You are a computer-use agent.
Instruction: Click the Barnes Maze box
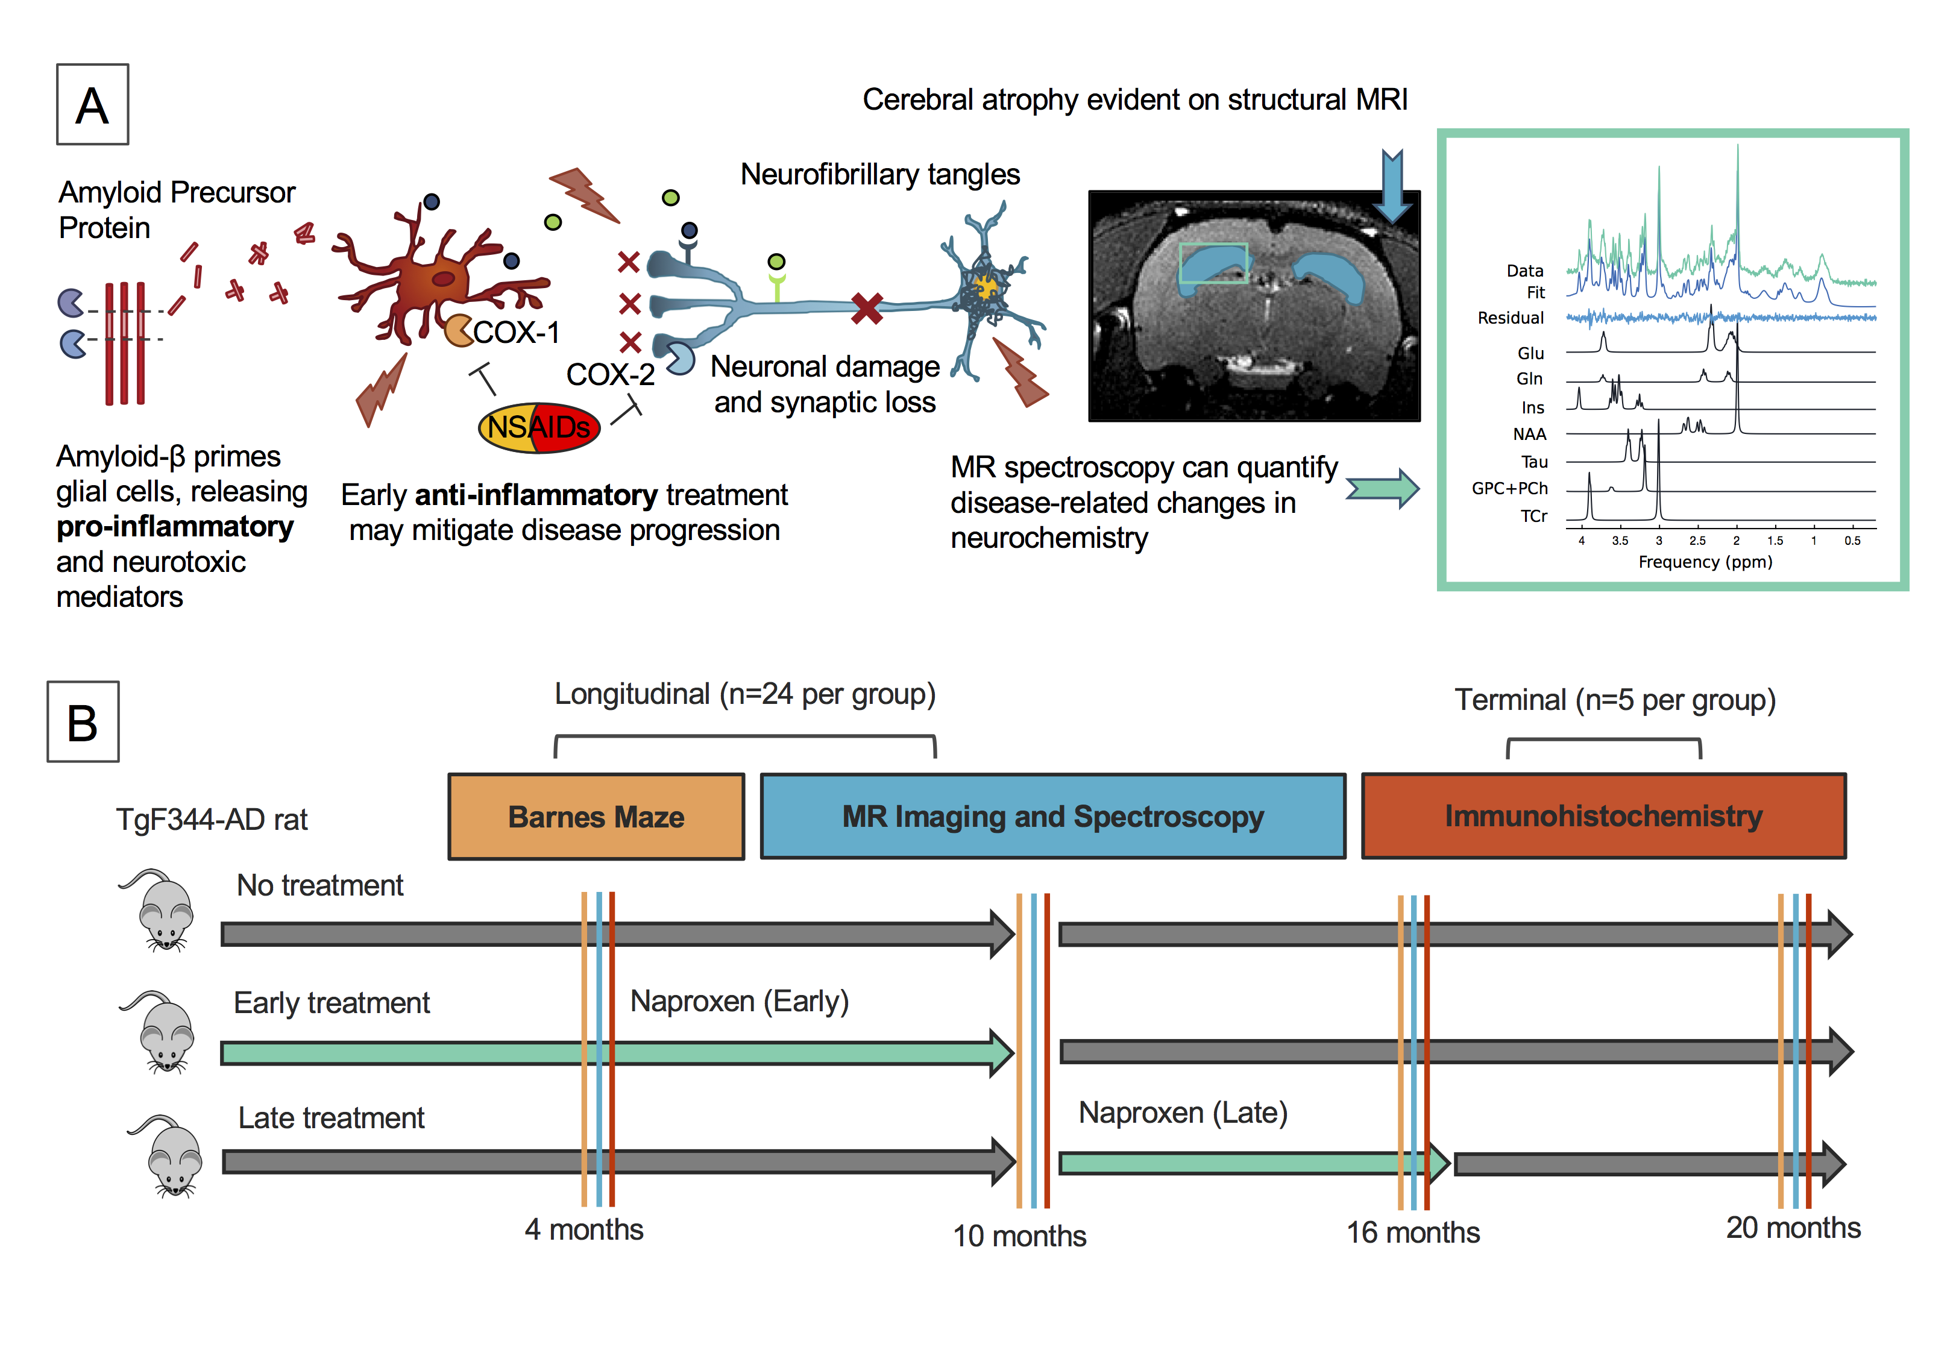point(596,817)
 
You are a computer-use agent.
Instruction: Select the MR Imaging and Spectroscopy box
point(1052,817)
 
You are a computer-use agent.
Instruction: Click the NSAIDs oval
point(539,427)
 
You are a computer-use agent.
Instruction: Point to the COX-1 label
point(515,332)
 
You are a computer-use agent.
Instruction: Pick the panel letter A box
point(93,104)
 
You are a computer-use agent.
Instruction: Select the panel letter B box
point(83,721)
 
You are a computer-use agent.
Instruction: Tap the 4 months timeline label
point(583,1229)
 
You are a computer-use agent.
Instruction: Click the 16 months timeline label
point(1413,1232)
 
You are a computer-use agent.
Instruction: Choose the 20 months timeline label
point(1793,1228)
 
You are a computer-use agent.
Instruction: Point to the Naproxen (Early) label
point(739,1001)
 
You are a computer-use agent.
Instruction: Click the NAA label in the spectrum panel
point(1529,434)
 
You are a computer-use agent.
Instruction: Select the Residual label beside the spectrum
point(1511,318)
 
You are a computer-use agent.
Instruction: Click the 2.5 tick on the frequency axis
point(1697,541)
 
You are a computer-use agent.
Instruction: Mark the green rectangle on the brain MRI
point(1213,263)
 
